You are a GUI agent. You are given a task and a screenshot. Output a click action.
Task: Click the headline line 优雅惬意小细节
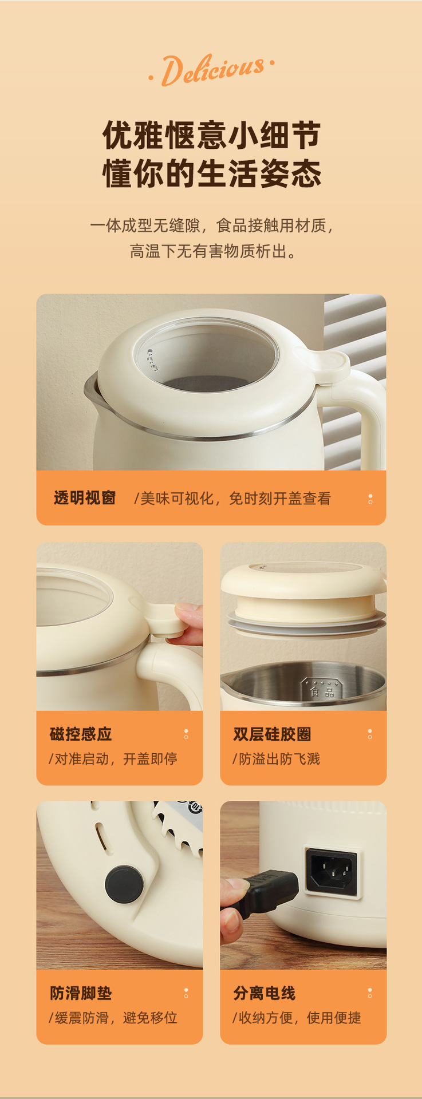tap(211, 136)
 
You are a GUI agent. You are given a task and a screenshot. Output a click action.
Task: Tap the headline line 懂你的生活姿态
tap(211, 173)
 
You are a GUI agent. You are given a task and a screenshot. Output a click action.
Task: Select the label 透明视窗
tap(85, 498)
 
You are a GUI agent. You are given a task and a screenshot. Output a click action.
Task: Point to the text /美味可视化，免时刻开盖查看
tap(232, 499)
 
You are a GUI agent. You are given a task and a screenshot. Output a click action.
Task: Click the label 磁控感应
tap(81, 734)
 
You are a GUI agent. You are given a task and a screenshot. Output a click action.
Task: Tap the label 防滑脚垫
tap(81, 993)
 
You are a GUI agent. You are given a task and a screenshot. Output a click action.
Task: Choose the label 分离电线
tap(264, 993)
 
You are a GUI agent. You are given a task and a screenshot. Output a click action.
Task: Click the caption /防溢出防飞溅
tap(276, 759)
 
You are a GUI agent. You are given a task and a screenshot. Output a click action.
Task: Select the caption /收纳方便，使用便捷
tap(297, 1018)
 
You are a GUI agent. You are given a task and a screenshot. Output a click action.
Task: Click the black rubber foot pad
tap(124, 884)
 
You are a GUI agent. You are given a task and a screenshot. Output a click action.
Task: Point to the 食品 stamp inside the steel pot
tap(321, 689)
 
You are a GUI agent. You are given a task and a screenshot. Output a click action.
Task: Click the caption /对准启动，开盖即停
tap(113, 759)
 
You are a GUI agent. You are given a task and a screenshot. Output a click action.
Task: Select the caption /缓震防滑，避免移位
tap(113, 1018)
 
